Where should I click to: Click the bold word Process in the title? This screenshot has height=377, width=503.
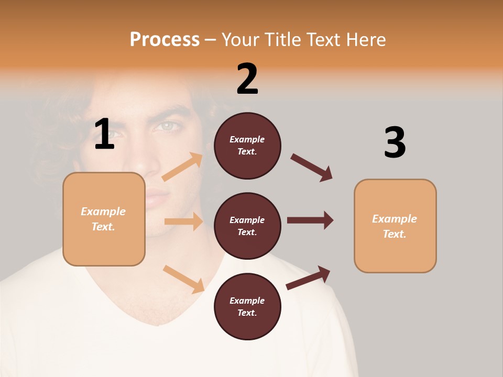pos(165,39)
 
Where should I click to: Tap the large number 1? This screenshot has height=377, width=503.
pos(104,134)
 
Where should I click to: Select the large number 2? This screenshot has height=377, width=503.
pos(247,79)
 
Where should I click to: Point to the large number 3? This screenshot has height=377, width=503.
pos(395,142)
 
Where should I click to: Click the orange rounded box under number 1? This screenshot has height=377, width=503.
pos(104,219)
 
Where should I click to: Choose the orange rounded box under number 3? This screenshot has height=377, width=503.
pos(395,226)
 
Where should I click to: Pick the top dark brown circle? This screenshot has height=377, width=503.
pos(247,146)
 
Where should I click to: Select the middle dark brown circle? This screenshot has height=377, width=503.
pos(247,226)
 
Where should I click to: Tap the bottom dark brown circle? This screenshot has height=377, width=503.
pos(247,306)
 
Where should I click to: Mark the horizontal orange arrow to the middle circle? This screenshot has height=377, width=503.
pos(183,221)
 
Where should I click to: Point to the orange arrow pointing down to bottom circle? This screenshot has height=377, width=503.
pos(184,279)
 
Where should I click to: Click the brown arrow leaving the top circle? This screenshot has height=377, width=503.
pos(312,168)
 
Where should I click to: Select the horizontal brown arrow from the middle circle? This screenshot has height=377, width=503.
pos(310,220)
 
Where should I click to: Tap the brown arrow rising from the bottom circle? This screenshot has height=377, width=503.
pos(309,278)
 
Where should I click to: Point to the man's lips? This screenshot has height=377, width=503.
pos(155,196)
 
